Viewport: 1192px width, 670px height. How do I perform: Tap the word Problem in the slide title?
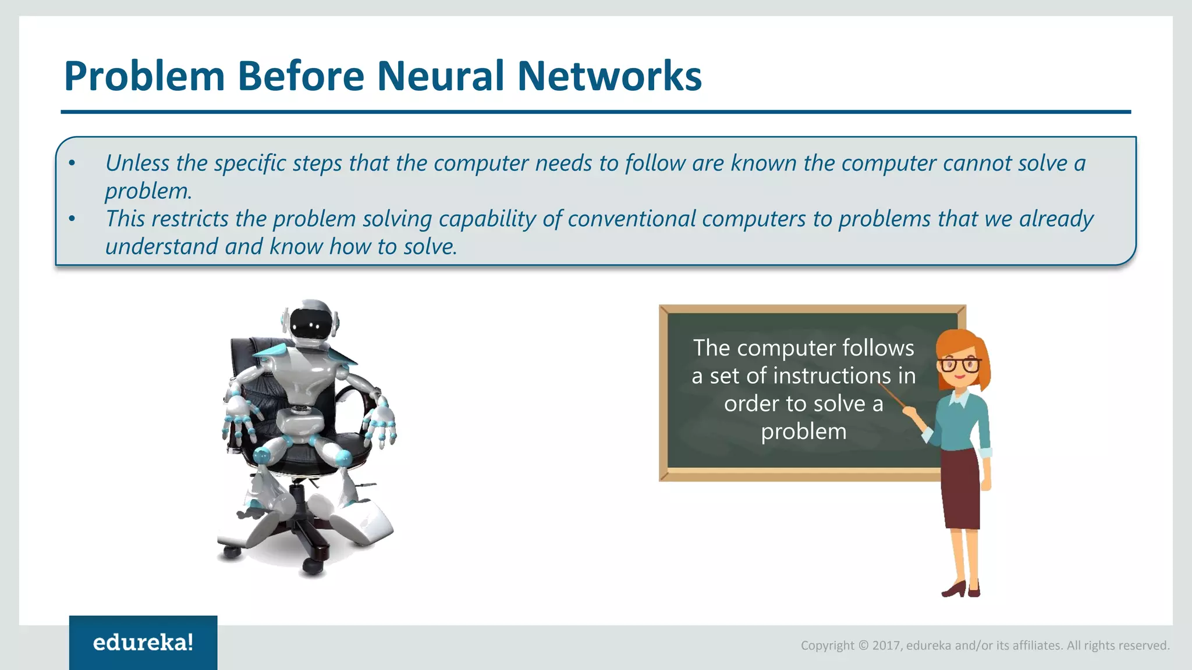pos(144,76)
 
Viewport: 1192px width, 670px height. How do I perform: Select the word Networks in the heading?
pos(609,76)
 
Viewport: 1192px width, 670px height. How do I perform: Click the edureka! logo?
pos(143,643)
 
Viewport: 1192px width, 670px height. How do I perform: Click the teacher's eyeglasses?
pos(959,365)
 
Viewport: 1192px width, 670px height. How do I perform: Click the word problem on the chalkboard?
pos(803,432)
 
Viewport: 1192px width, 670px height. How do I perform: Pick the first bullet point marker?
pos(72,163)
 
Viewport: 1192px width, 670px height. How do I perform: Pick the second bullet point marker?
pos(72,219)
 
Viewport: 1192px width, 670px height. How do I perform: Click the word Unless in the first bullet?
pos(137,163)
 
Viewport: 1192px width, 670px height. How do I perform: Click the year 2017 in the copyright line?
pos(886,646)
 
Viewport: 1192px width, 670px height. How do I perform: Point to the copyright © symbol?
pos(863,646)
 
